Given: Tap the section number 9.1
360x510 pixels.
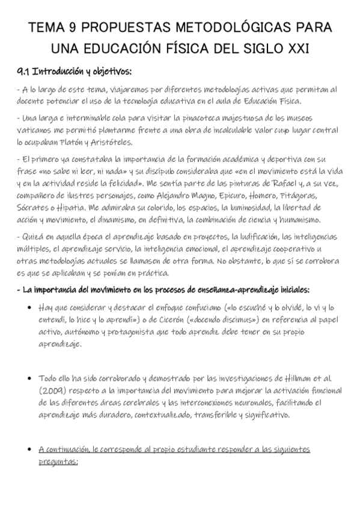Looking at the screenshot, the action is (x=23, y=72).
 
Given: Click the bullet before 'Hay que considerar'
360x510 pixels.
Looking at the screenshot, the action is (x=30, y=307).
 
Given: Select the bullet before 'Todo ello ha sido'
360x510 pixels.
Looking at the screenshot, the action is (x=30, y=378).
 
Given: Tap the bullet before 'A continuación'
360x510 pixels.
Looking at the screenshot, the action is (x=30, y=449).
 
